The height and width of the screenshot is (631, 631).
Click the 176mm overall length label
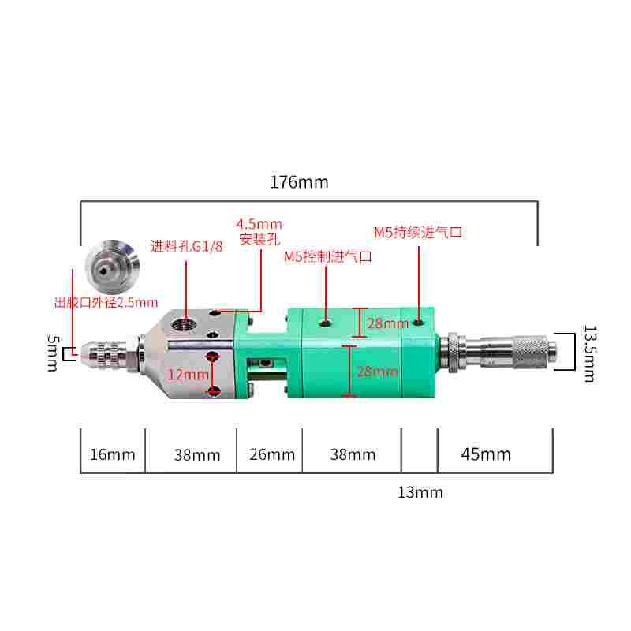point(299,182)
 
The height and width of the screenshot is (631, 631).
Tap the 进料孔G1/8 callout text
point(187,245)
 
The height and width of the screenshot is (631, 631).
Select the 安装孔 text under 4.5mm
point(259,238)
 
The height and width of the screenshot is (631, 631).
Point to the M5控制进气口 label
point(327,256)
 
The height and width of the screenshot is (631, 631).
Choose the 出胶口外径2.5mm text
point(106,301)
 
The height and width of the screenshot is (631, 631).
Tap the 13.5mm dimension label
point(588,352)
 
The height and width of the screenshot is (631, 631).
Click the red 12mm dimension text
point(188,375)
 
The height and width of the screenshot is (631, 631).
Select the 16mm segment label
point(113,454)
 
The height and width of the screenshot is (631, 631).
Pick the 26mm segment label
point(272,454)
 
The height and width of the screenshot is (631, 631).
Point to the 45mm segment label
point(486,454)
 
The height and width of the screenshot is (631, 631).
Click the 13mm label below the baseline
point(420,493)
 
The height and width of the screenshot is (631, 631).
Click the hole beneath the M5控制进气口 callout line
point(325,323)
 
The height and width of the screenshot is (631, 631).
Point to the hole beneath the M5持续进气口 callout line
point(416,322)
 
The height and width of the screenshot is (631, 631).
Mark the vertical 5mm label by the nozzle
point(52,353)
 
